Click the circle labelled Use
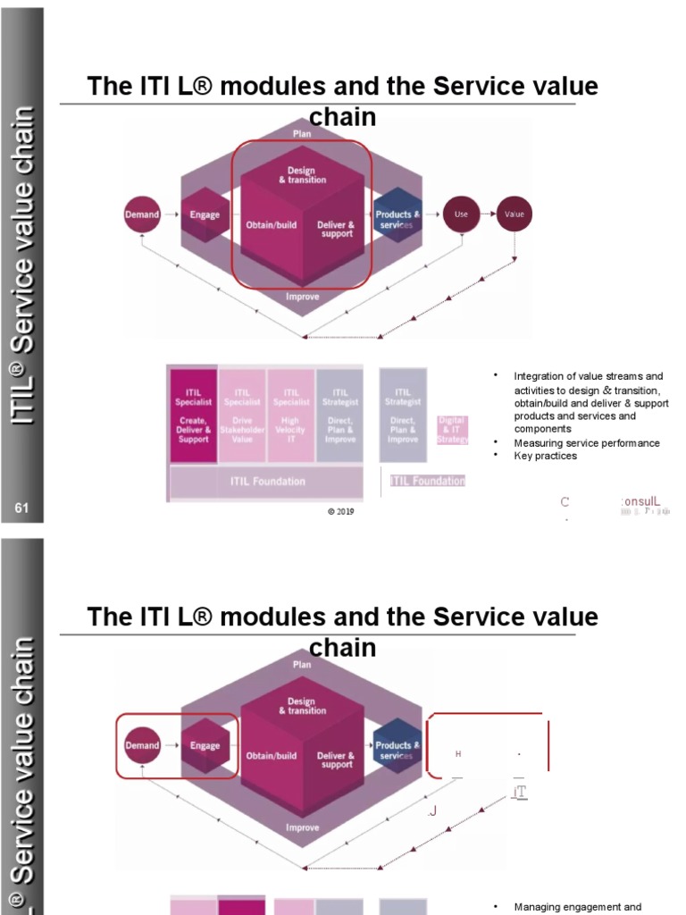462,214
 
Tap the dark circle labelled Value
514,214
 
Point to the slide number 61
22,508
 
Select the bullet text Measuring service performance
587,443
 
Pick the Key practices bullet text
546,456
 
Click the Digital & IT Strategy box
452,430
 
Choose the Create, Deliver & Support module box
193,416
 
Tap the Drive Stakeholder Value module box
242,416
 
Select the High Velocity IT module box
291,416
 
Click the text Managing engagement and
578,907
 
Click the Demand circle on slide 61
141,214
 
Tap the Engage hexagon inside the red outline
205,745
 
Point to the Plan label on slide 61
302,133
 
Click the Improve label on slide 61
302,297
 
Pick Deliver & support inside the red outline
337,229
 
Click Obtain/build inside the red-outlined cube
271,224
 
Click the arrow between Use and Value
488,214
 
